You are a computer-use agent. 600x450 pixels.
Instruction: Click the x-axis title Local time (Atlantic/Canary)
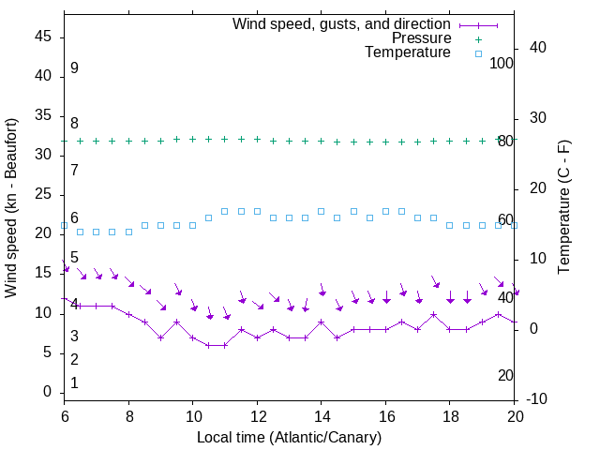click(x=289, y=437)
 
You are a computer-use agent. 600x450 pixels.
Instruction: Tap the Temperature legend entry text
click(x=408, y=52)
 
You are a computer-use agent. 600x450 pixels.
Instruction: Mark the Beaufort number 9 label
click(x=74, y=68)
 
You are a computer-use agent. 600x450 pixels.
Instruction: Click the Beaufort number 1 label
click(x=74, y=383)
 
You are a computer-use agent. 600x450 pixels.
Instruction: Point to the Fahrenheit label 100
click(x=502, y=63)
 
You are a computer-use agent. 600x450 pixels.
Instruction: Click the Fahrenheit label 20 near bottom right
click(x=505, y=375)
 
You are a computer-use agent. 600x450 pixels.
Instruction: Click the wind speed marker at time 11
click(x=225, y=345)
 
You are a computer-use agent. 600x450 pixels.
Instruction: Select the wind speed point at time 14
click(x=321, y=322)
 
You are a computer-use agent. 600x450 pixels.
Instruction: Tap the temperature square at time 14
click(x=321, y=212)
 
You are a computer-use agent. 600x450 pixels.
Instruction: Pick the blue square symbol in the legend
click(x=478, y=53)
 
